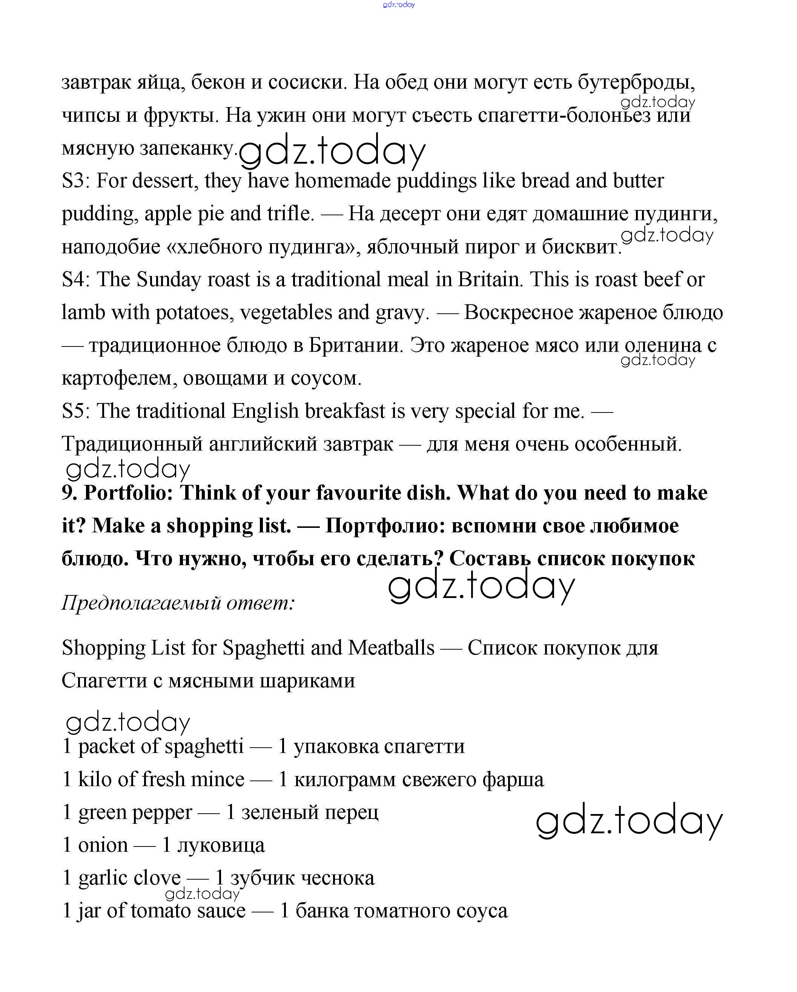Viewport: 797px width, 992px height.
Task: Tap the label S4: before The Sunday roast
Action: pyautogui.click(x=76, y=279)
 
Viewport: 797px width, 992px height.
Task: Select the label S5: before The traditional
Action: pyautogui.click(x=76, y=411)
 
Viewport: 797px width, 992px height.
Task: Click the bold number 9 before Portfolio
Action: pyautogui.click(x=69, y=493)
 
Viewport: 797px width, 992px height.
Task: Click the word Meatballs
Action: pyautogui.click(x=391, y=648)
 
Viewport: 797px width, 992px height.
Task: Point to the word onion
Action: pyautogui.click(x=103, y=845)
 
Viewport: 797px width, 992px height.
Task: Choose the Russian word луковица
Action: pyautogui.click(x=221, y=845)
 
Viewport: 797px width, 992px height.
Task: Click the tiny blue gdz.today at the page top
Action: pyautogui.click(x=398, y=5)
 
